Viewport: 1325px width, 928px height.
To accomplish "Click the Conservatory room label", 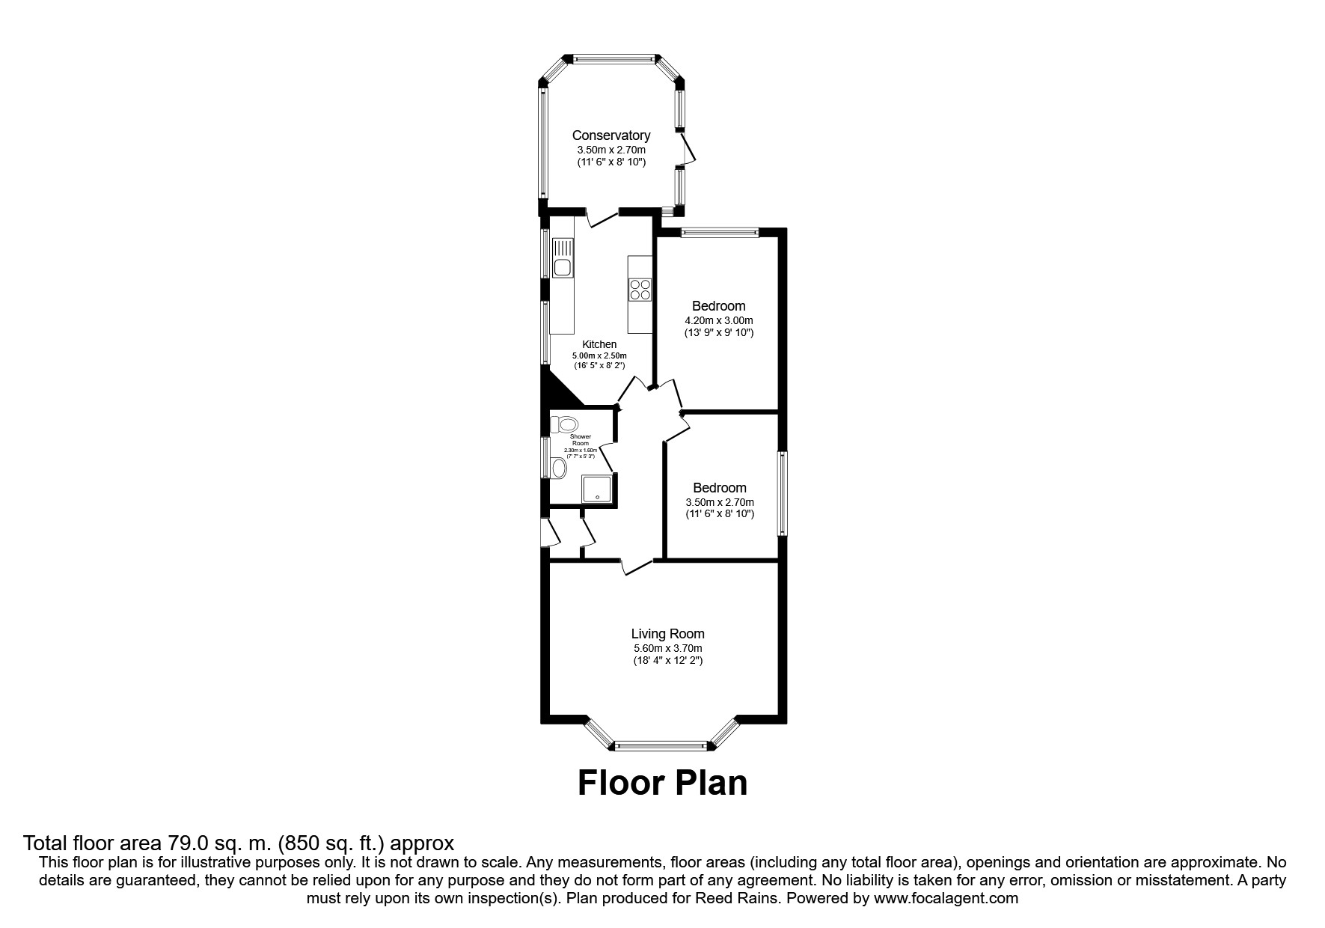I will [x=611, y=135].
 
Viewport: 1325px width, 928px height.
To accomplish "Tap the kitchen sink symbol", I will [x=562, y=257].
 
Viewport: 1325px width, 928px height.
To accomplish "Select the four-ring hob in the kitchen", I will [x=640, y=289].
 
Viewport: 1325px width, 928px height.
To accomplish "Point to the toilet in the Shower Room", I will [x=563, y=424].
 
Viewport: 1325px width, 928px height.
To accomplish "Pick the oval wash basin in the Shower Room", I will [x=558, y=468].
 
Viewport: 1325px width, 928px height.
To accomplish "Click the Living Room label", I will [x=667, y=634].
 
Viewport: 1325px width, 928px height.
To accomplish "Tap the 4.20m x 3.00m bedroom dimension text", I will [x=718, y=320].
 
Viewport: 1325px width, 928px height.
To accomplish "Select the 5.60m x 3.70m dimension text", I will [x=667, y=648].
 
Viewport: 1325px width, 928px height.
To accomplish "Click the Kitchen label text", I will [x=599, y=344].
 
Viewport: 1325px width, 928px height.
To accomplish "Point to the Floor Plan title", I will [x=662, y=783].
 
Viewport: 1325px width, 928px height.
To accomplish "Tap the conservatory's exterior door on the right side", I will [x=688, y=150].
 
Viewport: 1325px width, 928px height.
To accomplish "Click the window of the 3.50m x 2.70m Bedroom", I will [x=782, y=492].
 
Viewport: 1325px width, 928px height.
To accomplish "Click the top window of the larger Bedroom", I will [x=719, y=233].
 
